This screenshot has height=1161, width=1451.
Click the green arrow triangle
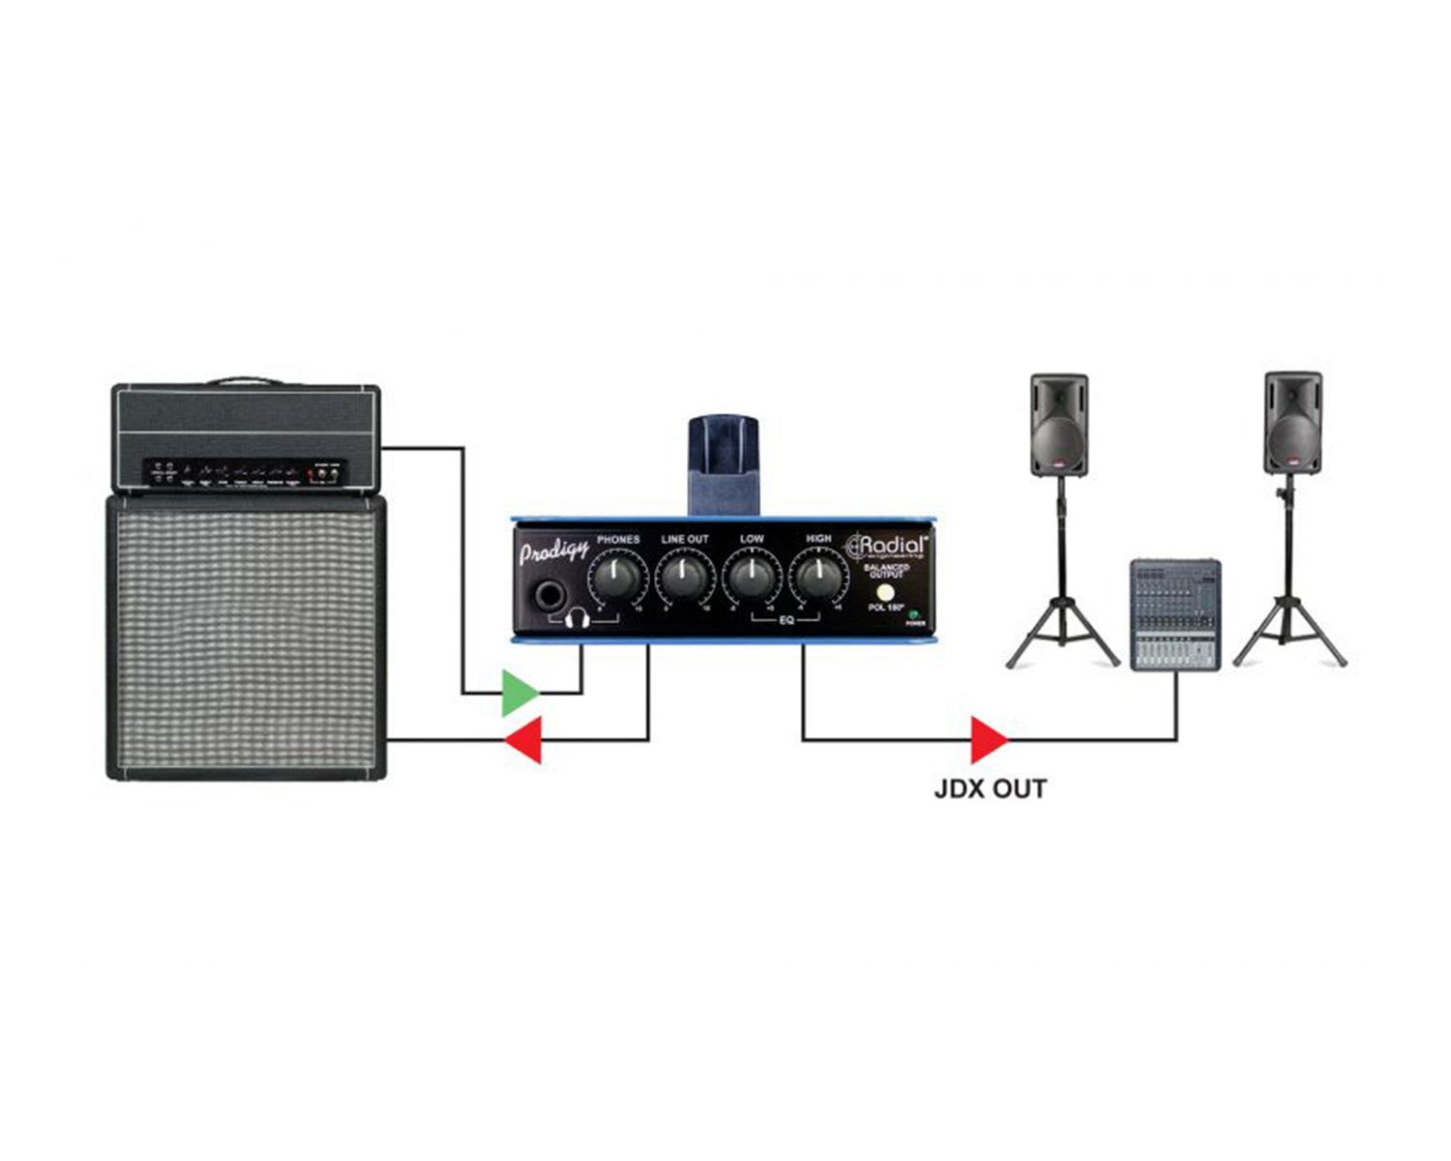pyautogui.click(x=518, y=693)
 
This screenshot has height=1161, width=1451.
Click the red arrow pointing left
pyautogui.click(x=524, y=740)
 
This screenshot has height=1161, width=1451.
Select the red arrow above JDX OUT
pyautogui.click(x=988, y=740)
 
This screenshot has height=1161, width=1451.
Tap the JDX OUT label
pyautogui.click(x=990, y=789)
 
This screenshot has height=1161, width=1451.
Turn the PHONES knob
pyautogui.click(x=616, y=579)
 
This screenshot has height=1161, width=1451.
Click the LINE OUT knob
pyautogui.click(x=685, y=579)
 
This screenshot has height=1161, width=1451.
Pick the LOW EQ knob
pyautogui.click(x=751, y=579)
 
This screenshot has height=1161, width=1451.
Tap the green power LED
pyautogui.click(x=912, y=614)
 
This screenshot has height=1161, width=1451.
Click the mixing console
pyautogui.click(x=1175, y=614)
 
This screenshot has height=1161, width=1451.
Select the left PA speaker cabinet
pyautogui.click(x=1059, y=425)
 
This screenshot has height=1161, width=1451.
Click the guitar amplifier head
pyautogui.click(x=246, y=437)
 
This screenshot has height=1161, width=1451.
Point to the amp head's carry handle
pyautogui.click(x=245, y=380)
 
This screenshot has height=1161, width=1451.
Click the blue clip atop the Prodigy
pyautogui.click(x=723, y=464)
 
